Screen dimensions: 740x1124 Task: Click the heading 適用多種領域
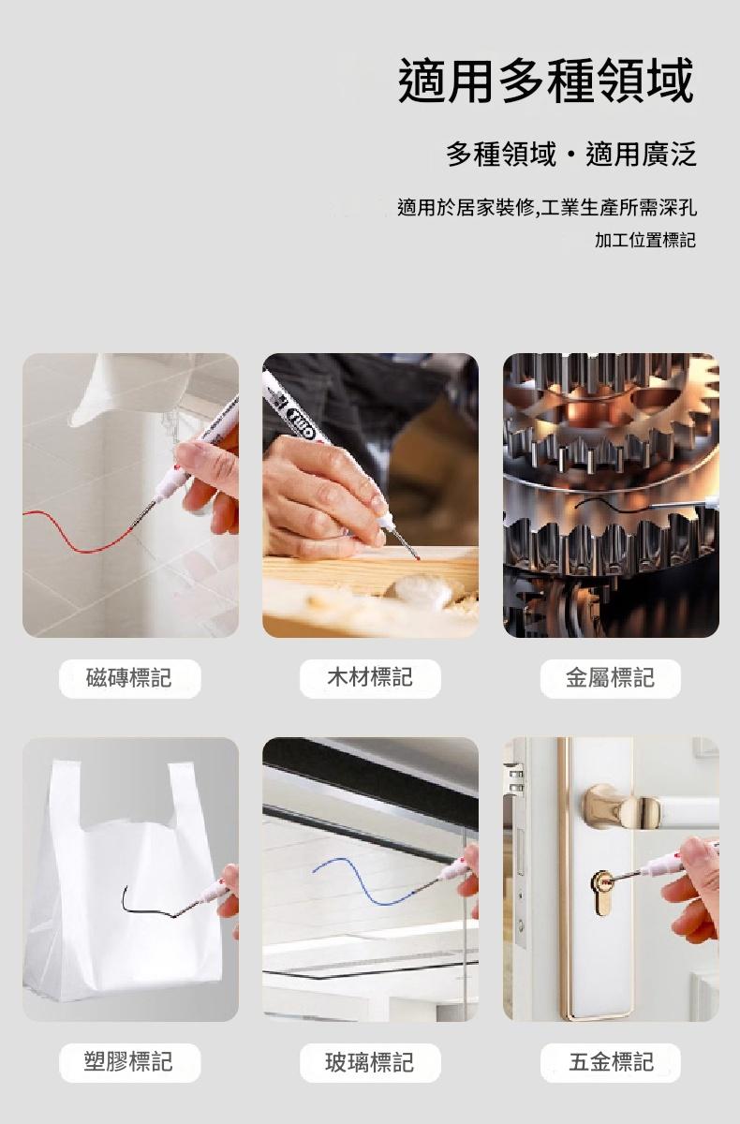click(546, 81)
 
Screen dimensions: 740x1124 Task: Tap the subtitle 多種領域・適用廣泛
click(571, 154)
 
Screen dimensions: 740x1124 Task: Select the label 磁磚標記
click(129, 678)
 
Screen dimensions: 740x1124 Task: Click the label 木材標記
click(370, 677)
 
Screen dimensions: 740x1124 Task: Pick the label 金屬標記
click(611, 678)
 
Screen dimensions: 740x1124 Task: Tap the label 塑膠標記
click(128, 1062)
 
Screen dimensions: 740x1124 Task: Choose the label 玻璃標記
click(370, 1062)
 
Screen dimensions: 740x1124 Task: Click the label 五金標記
click(611, 1062)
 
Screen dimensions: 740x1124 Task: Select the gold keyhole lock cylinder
click(602, 892)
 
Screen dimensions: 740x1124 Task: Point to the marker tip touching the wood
click(417, 557)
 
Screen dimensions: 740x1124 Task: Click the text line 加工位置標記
click(645, 240)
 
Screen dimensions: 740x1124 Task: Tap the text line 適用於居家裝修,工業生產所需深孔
click(547, 207)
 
